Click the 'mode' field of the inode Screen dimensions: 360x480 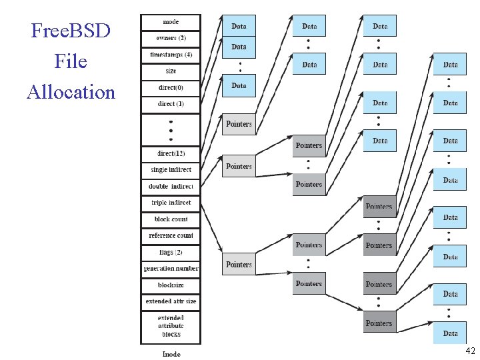point(171,22)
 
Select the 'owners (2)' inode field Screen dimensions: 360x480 point(171,38)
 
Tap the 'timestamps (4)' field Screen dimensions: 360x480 point(171,54)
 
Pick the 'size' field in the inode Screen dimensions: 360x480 point(171,71)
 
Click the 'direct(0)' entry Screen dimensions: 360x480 point(171,87)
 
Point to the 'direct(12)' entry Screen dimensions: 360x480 point(171,153)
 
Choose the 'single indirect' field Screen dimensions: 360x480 point(171,169)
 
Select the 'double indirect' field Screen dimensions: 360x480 point(171,186)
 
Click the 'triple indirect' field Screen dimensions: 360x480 point(171,202)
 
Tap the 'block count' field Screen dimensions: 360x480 point(171,219)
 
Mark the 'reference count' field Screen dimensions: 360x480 point(171,235)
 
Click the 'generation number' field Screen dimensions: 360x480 point(171,269)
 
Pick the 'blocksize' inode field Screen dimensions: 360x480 point(171,285)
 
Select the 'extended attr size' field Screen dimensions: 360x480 point(171,301)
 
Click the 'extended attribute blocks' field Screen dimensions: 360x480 point(171,326)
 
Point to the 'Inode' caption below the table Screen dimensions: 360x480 point(171,353)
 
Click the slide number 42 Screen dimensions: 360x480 point(470,351)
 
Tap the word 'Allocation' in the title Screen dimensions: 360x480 point(71,91)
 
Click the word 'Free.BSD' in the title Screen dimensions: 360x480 point(71,31)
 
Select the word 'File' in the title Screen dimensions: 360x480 point(71,61)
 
